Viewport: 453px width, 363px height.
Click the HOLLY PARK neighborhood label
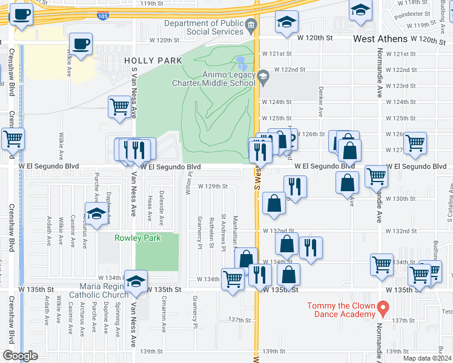145,60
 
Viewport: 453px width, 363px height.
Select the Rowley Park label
138,238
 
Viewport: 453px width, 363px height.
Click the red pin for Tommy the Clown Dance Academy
382,309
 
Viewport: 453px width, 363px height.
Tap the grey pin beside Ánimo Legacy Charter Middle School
262,76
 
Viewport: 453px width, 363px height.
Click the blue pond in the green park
242,63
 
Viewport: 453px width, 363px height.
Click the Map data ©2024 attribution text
427,358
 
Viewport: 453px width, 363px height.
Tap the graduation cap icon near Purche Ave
96,214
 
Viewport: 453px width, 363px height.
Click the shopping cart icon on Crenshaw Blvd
13,139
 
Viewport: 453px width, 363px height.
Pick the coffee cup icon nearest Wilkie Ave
81,44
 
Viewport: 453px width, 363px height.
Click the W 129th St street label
213,186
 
